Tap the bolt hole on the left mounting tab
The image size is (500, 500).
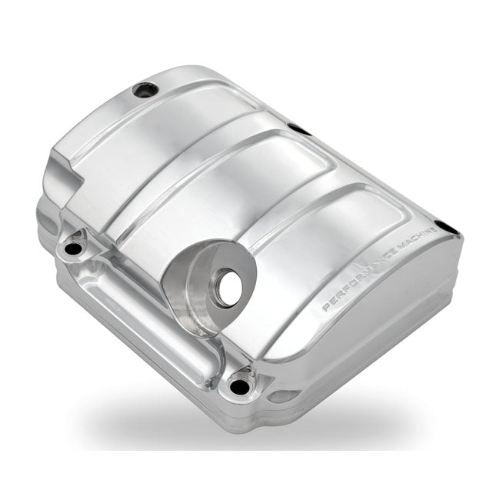click(x=75, y=248)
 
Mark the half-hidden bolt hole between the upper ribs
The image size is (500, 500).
click(x=298, y=129)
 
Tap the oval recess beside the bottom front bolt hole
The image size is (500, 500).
click(x=285, y=396)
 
